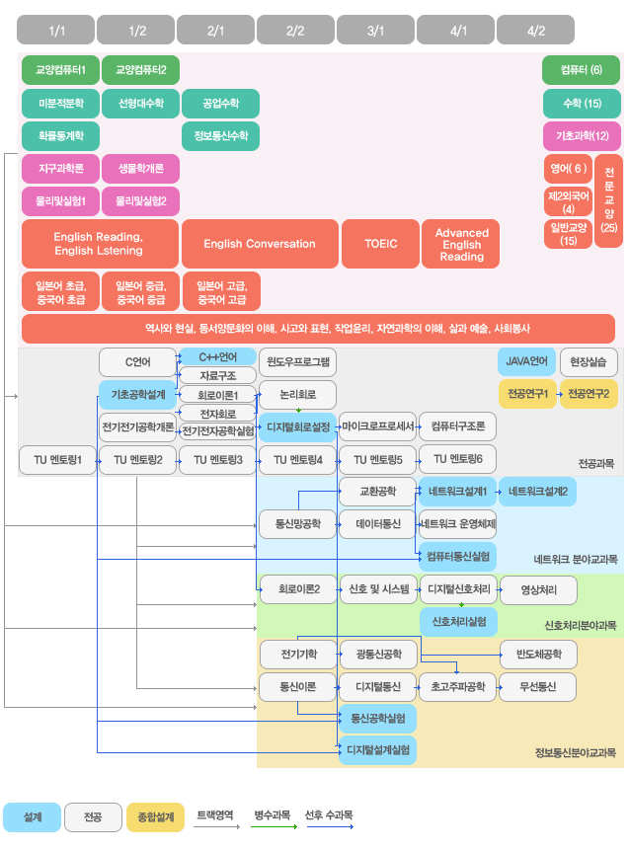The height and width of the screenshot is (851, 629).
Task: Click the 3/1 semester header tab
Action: pos(375,31)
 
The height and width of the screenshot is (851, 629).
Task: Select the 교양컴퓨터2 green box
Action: pos(140,70)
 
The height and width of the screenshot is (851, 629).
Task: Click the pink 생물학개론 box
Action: pos(140,169)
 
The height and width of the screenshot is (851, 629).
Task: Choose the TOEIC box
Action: pos(379,244)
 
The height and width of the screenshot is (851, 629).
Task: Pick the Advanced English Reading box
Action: pos(461,244)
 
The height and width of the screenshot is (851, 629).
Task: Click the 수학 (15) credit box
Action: pos(581,103)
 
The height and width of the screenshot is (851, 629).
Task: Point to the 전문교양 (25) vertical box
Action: pos(608,199)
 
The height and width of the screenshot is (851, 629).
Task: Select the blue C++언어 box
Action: pos(217,356)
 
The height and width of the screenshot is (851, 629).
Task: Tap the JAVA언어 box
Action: pos(525,362)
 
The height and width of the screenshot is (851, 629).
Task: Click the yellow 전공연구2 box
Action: pos(589,394)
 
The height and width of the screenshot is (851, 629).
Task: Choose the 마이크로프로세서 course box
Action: pos(376,426)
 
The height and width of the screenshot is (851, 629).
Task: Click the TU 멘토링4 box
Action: pos(297,459)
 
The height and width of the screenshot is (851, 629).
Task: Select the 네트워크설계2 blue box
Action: pos(538,491)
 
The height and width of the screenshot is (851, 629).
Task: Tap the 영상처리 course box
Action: pos(538,589)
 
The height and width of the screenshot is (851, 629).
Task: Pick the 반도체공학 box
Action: pos(538,654)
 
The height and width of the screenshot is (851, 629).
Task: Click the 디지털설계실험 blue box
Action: pos(377,750)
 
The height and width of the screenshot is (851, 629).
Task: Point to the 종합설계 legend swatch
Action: pos(155,817)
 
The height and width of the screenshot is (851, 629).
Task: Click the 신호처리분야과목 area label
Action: pos(581,625)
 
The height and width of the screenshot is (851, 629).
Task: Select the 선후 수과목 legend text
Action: pos(330,815)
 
